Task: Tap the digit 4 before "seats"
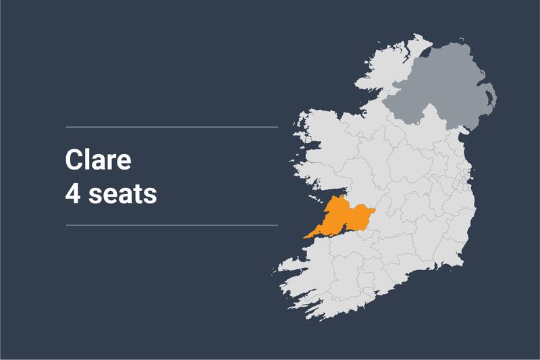72,194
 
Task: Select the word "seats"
122,194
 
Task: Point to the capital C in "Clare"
74,160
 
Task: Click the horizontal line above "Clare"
171,127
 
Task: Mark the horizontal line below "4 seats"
171,224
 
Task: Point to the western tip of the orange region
306,236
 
